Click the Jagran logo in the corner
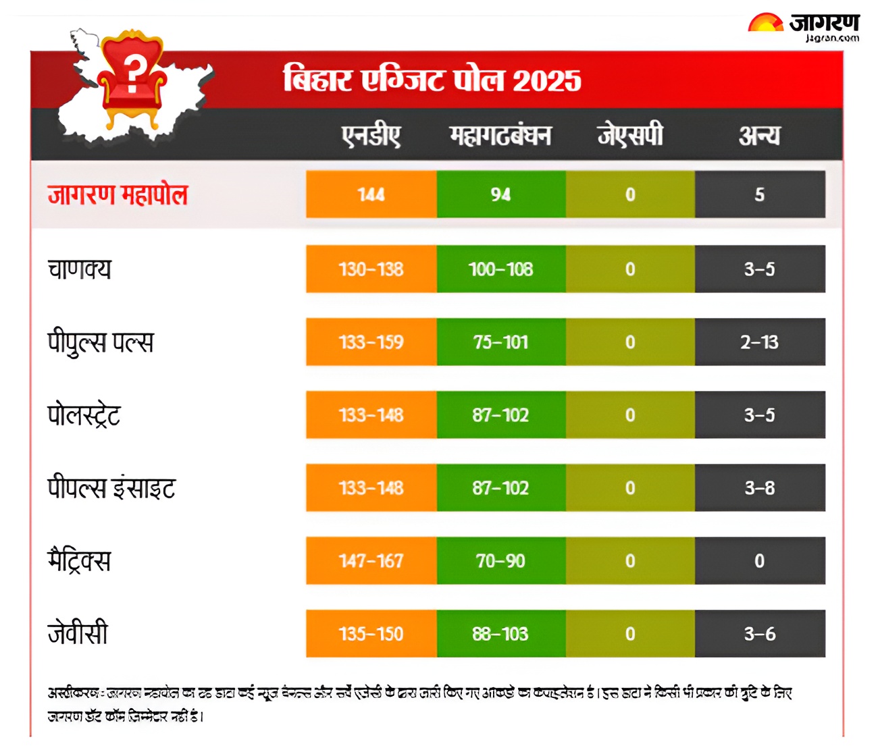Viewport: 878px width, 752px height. click(803, 28)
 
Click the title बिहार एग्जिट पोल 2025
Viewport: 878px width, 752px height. click(432, 80)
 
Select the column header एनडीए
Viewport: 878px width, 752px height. click(371, 136)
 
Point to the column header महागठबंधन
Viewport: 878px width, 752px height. click(500, 136)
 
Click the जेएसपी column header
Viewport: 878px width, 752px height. click(630, 135)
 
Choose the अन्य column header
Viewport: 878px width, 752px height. click(759, 136)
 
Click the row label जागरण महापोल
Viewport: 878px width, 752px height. click(118, 195)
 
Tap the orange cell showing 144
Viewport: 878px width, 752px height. click(371, 194)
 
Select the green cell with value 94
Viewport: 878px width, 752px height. click(500, 194)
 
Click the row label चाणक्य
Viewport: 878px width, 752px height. click(79, 269)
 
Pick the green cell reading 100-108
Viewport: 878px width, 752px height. click(500, 269)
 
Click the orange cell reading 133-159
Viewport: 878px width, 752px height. click(371, 342)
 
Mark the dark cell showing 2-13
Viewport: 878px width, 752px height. click(759, 342)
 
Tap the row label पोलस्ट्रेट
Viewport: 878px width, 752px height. click(84, 415)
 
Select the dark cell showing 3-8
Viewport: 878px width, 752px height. click(759, 488)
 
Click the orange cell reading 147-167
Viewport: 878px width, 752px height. click(371, 561)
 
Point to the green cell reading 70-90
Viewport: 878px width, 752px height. click(500, 561)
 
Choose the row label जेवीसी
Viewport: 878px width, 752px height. click(78, 634)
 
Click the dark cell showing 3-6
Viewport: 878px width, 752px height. click(759, 634)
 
